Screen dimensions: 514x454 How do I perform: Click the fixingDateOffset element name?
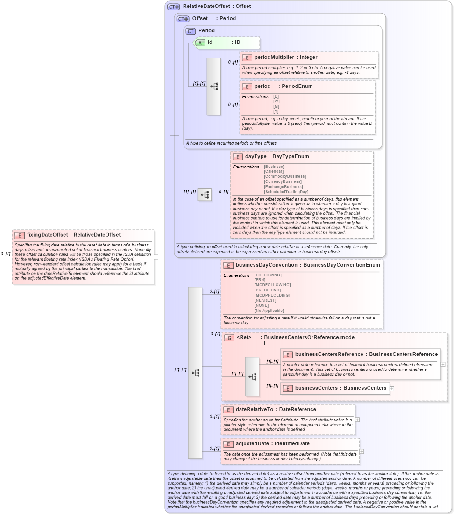(47, 235)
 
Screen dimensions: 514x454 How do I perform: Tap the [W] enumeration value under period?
(276, 101)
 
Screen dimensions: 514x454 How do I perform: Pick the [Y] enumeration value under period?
(276, 111)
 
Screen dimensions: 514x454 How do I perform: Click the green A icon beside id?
(200, 43)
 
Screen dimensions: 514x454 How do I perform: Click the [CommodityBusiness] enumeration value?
(284, 176)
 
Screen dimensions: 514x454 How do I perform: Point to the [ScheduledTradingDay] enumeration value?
(286, 192)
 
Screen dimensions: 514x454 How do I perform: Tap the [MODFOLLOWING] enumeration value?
(272, 285)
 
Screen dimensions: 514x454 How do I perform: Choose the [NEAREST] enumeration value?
(265, 300)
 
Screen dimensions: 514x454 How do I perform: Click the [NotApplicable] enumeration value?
(269, 311)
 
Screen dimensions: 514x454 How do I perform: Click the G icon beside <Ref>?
(229, 338)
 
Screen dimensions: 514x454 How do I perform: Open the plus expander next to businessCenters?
(392, 388)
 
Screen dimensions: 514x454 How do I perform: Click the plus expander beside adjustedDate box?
(362, 451)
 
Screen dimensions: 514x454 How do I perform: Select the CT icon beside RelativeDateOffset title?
(174, 7)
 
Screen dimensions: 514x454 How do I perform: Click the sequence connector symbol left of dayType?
(204, 195)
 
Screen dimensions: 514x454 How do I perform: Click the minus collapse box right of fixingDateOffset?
(156, 257)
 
